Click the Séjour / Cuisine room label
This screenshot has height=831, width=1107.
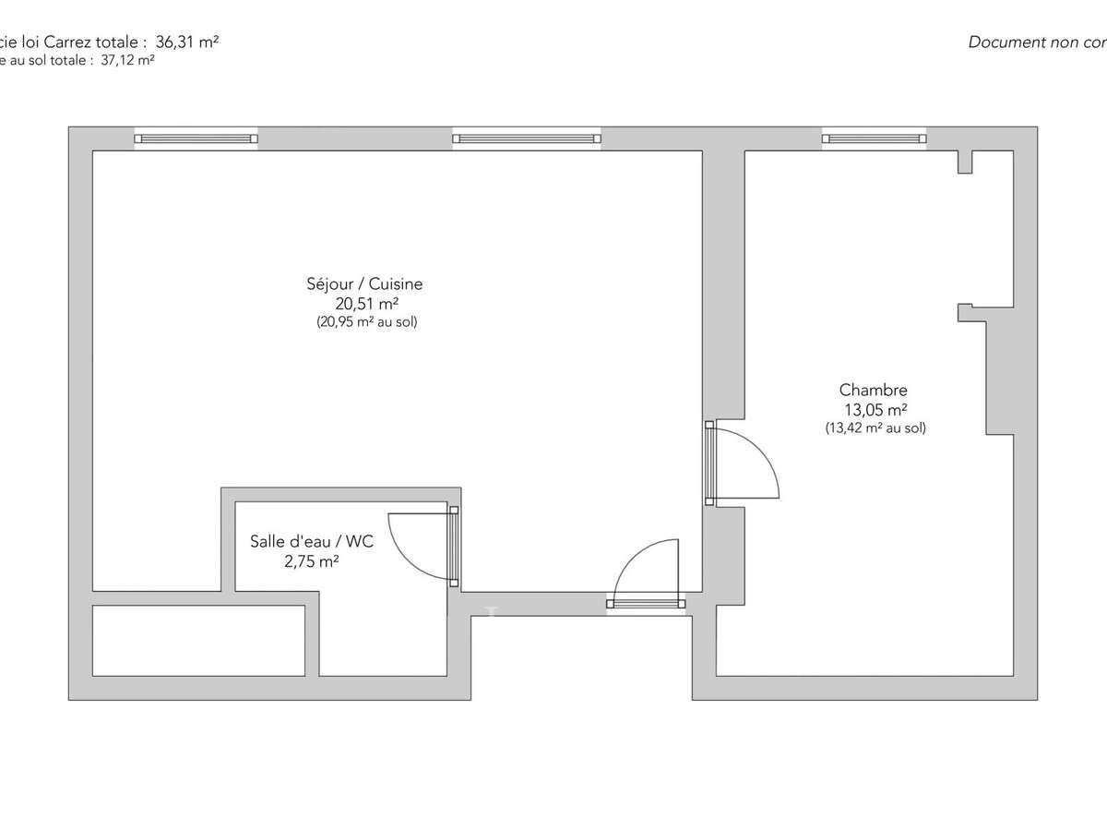pyautogui.click(x=364, y=284)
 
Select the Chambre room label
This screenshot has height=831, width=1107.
pyautogui.click(x=873, y=391)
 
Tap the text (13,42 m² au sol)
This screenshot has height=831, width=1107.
pyautogui.click(x=875, y=428)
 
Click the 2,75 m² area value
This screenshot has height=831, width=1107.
pyautogui.click(x=312, y=560)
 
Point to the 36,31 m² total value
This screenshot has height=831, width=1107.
pyautogui.click(x=186, y=42)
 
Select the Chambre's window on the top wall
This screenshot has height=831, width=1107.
pyautogui.click(x=873, y=138)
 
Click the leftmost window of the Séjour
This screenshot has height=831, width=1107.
pyautogui.click(x=196, y=139)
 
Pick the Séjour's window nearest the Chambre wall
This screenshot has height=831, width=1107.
pyautogui.click(x=526, y=139)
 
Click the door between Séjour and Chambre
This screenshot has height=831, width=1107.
pyautogui.click(x=709, y=463)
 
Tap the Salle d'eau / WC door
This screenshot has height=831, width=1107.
pyautogui.click(x=453, y=546)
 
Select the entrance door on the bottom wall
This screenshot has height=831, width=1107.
pyautogui.click(x=646, y=604)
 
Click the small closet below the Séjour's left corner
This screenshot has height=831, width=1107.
pyautogui.click(x=198, y=641)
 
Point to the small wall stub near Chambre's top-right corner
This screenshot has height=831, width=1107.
pyautogui.click(x=965, y=162)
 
